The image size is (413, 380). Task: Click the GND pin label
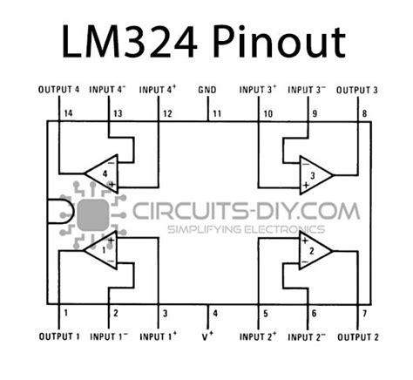207,90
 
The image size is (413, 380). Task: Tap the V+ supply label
207,336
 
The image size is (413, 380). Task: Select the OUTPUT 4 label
58,89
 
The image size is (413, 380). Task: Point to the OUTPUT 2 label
358,337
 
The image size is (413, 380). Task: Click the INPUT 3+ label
258,90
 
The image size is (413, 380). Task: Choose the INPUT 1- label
109,336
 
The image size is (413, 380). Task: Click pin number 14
68,113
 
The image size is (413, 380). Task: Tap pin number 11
217,113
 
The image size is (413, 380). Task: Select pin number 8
364,113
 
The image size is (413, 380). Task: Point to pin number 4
215,314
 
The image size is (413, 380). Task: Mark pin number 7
365,314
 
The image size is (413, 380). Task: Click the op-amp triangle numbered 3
316,175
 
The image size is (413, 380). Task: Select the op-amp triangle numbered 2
316,250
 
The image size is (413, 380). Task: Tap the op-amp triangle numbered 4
101,173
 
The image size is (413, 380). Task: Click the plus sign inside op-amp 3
305,185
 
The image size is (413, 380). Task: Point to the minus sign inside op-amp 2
305,261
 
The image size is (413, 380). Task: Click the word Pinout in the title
280,43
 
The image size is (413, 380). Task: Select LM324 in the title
130,42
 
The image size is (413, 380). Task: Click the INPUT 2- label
307,337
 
